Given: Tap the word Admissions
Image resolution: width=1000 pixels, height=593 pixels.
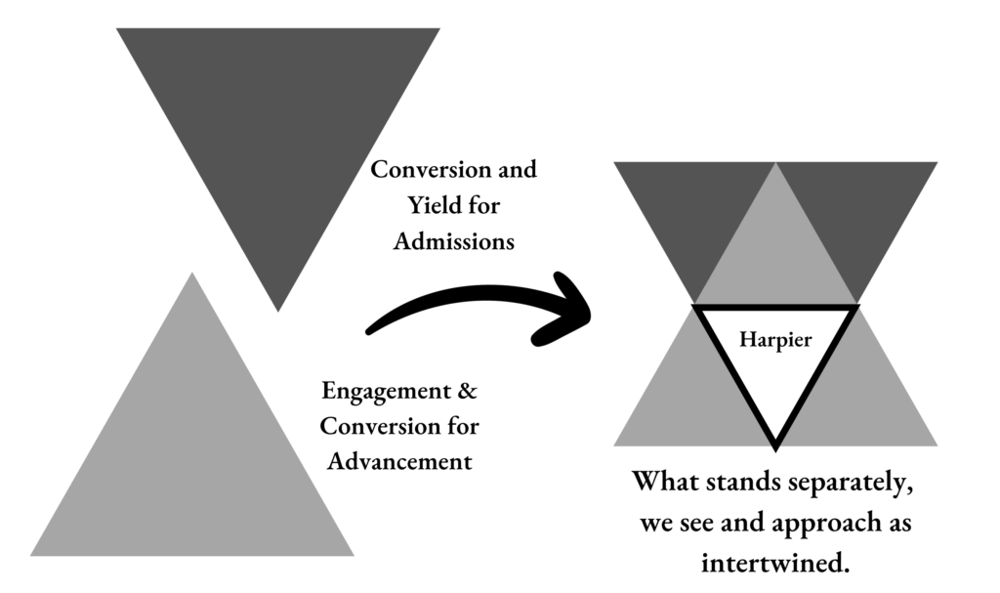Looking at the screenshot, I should (453, 241).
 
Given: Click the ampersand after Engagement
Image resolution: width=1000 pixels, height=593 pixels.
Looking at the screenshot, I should (468, 392).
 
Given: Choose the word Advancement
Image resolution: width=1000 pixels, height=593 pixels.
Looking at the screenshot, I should (399, 461).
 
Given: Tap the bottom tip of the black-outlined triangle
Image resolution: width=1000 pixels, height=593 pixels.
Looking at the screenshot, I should (774, 445).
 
